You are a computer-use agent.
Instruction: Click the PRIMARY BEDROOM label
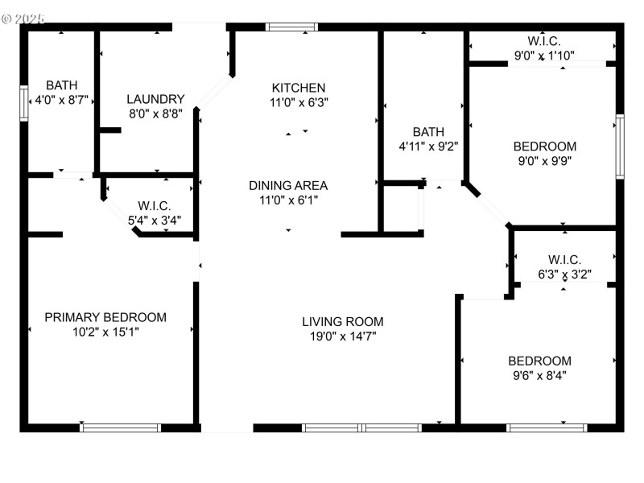point(105,317)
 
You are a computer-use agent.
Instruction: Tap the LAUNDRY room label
point(155,99)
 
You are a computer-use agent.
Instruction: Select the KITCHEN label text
point(299,88)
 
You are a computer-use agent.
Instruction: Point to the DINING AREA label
point(287,185)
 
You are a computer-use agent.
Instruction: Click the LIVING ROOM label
point(342,321)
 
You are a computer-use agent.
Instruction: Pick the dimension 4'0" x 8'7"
point(62,101)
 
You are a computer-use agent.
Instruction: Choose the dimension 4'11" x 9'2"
point(428,147)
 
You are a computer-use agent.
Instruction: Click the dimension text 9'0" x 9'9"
point(545,160)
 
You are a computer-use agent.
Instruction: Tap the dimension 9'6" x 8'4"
point(539,374)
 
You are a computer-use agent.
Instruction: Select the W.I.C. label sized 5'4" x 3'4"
point(154,206)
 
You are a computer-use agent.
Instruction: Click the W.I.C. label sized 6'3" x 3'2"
point(564,259)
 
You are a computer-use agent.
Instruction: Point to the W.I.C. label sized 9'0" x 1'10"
point(544,41)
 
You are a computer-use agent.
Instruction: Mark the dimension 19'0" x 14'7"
point(342,336)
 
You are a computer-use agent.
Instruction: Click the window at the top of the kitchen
point(291,27)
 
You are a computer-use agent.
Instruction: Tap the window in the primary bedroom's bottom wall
point(121,427)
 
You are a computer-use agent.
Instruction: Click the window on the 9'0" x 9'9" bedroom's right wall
point(619,147)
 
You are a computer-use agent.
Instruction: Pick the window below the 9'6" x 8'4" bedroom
point(547,427)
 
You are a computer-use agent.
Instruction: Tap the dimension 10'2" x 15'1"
point(105,331)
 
